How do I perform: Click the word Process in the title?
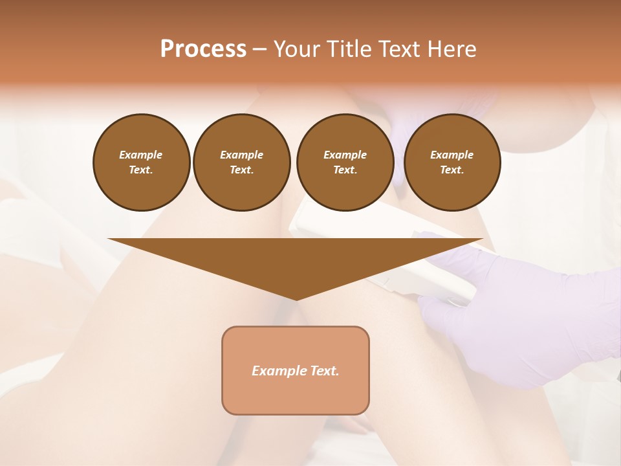point(203,49)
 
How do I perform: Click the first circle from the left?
point(141,162)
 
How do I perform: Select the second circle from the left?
point(242,162)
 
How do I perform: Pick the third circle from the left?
point(345,162)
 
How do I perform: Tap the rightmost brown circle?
point(452,162)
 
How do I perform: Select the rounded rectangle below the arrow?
point(296,370)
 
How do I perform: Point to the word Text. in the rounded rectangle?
point(323,371)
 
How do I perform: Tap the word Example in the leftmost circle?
point(141,155)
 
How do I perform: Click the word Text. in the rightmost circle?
point(452,170)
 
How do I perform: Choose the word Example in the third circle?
point(345,155)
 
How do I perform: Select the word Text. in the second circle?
point(242,170)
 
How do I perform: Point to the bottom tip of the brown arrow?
point(296,298)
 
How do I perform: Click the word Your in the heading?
point(296,49)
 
